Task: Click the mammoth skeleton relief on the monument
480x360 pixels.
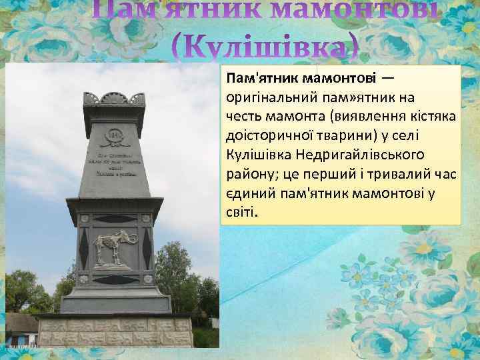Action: pos(114,249)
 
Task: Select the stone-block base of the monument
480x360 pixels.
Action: pos(114,330)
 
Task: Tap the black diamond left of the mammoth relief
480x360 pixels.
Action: pos(84,249)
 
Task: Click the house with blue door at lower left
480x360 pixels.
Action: pos(20,327)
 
